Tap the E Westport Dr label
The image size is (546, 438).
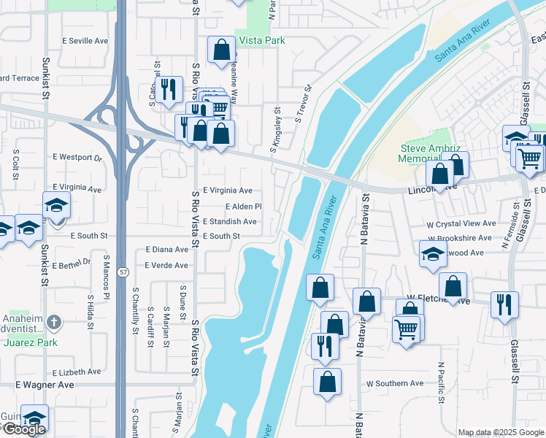[x=78, y=157]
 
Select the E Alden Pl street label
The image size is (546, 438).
[x=243, y=207]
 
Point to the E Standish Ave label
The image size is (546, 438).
[x=230, y=221]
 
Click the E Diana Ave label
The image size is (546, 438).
[x=166, y=250]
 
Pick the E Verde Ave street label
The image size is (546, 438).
[x=166, y=265]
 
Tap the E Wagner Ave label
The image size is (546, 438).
[x=45, y=385]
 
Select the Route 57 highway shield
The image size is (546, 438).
[x=121, y=272]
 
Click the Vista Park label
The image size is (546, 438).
[x=261, y=41]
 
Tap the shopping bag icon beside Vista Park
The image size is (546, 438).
[x=221, y=50]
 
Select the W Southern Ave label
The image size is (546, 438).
[x=395, y=383]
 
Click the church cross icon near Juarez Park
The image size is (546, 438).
[x=56, y=321]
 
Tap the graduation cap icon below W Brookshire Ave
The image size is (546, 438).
[x=433, y=255]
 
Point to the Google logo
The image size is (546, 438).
[x=24, y=429]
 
